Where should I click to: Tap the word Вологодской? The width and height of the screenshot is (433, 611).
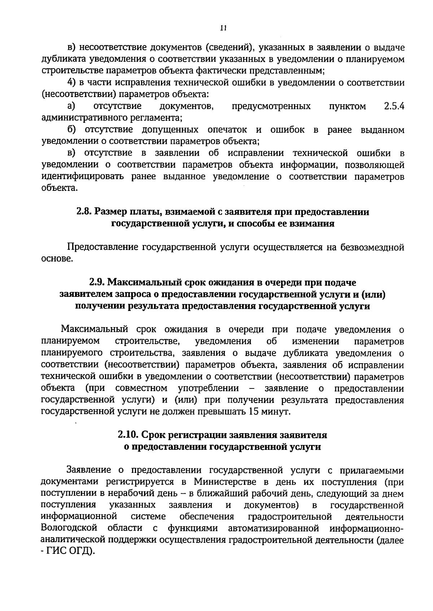point(69,528)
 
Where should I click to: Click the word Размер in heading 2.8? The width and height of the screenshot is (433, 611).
point(110,212)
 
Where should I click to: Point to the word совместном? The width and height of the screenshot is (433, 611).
point(141,388)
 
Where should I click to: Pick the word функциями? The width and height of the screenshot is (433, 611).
point(193,528)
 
